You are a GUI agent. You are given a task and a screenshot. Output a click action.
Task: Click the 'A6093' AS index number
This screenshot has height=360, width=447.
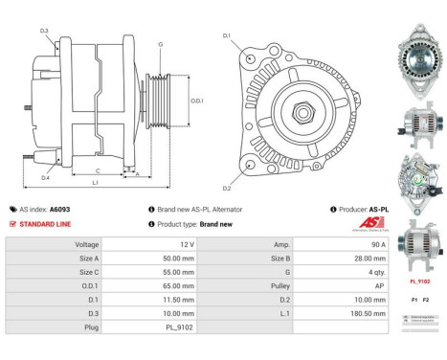(60, 209)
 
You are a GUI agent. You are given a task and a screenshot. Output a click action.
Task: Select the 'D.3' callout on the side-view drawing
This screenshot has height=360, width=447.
(45, 32)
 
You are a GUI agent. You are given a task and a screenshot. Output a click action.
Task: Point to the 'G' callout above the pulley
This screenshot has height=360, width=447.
(160, 45)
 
